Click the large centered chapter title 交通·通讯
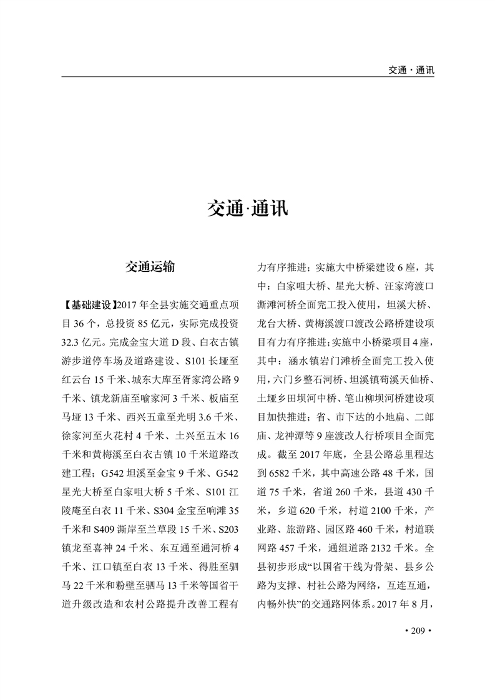248,208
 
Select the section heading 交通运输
150,268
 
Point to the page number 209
413,632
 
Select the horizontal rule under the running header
248,77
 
